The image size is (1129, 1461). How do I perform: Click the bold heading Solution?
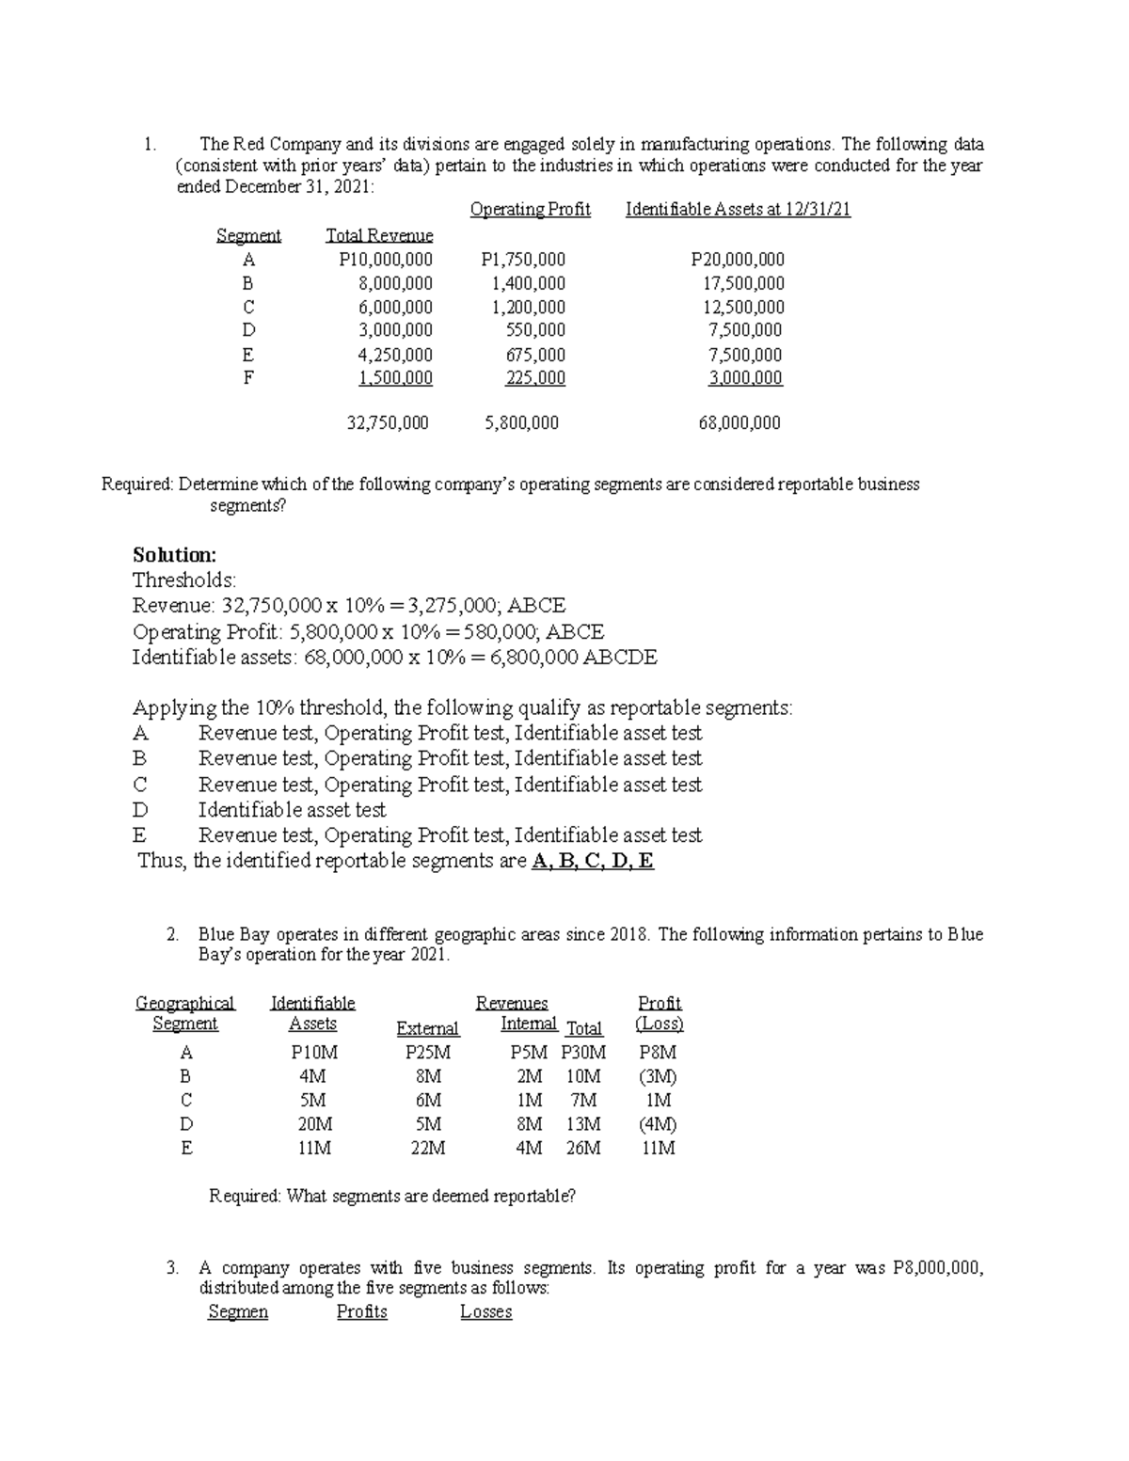pyautogui.click(x=174, y=554)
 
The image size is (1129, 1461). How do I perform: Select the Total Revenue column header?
pyautogui.click(x=379, y=235)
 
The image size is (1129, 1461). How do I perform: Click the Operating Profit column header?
pyautogui.click(x=530, y=210)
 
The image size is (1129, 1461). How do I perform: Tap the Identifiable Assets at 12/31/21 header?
pyautogui.click(x=738, y=210)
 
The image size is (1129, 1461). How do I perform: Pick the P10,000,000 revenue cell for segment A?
pyautogui.click(x=386, y=260)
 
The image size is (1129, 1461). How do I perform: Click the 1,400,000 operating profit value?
pyautogui.click(x=529, y=283)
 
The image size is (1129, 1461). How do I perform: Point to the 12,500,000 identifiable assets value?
pyautogui.click(x=743, y=307)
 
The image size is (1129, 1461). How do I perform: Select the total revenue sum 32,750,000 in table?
pyautogui.click(x=388, y=423)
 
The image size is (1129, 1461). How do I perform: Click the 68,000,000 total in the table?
pyautogui.click(x=739, y=423)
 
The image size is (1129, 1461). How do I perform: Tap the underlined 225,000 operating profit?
pyautogui.click(x=535, y=378)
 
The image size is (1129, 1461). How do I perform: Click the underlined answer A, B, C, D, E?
pyautogui.click(x=593, y=861)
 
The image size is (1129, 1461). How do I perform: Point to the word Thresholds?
pyautogui.click(x=184, y=580)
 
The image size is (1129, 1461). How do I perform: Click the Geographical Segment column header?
pyautogui.click(x=185, y=1013)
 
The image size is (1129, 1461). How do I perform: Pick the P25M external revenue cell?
pyautogui.click(x=428, y=1053)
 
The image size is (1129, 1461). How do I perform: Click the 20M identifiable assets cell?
pyautogui.click(x=314, y=1123)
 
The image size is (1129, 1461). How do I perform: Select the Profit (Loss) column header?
pyautogui.click(x=660, y=1013)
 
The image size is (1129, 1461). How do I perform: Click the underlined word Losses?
pyautogui.click(x=485, y=1312)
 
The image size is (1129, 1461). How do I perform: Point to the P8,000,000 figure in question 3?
pyautogui.click(x=937, y=1268)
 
